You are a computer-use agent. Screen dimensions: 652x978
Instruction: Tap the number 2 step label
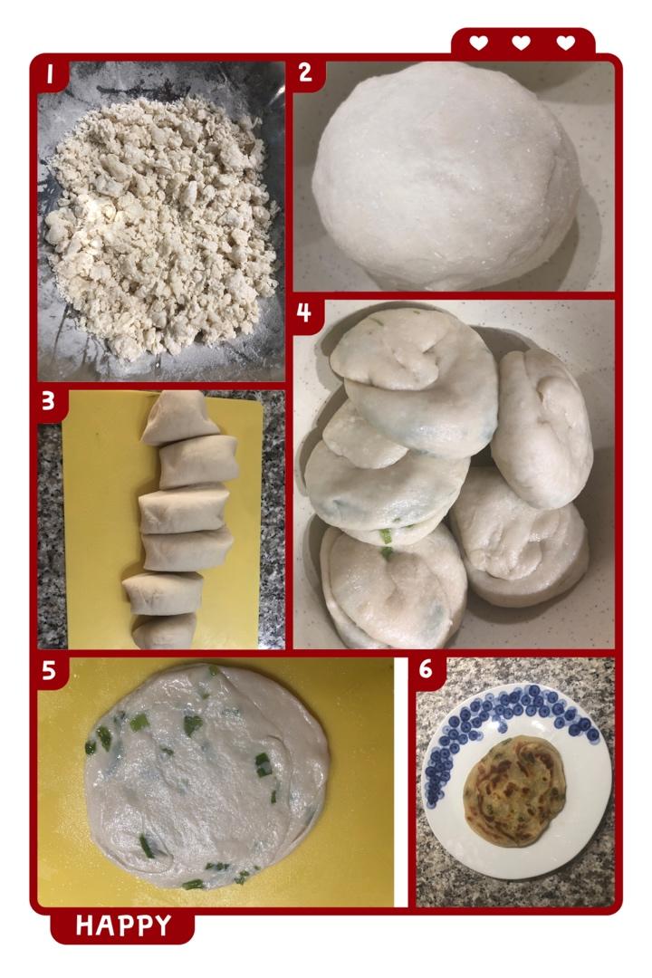pos(304,72)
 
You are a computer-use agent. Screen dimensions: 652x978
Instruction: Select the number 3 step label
pos(48,402)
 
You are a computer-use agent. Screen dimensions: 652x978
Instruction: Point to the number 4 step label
pos(303,312)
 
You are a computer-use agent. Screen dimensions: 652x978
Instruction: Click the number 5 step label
pos(49,670)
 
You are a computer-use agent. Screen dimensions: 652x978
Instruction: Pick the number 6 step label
pos(426,668)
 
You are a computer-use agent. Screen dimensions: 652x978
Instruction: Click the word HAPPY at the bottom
pos(123,925)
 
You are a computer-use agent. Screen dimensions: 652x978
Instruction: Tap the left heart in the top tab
pos(478,43)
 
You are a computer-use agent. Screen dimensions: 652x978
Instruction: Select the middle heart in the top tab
pos(521,43)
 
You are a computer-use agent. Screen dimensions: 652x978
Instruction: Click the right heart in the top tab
pos(565,43)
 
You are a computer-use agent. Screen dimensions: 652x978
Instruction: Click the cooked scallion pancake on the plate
pos(514,791)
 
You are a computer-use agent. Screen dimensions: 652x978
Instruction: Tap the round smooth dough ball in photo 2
pos(445,177)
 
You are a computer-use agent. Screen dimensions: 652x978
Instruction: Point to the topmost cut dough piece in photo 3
pos(179,417)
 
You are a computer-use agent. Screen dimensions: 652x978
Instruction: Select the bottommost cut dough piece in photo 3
pos(164,631)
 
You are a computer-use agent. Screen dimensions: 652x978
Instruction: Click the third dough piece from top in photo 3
pos(184,510)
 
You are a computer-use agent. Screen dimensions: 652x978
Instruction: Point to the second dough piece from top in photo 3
pos(198,462)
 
